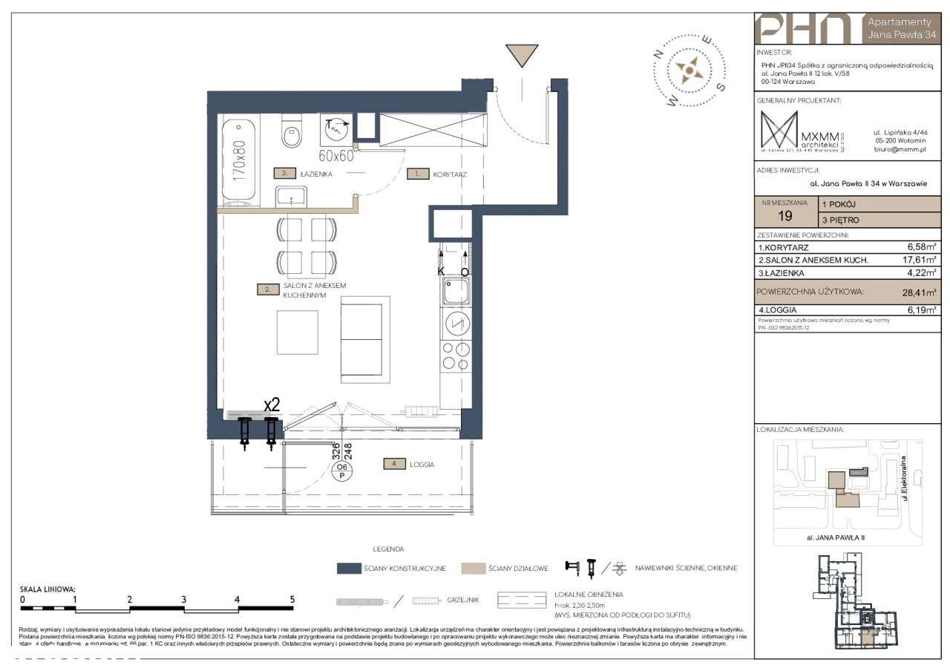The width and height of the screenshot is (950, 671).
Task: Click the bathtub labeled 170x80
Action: pyautogui.click(x=239, y=162)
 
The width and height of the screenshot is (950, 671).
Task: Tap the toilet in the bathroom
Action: pyautogui.click(x=291, y=132)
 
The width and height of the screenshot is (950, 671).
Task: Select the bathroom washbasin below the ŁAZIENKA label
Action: pyautogui.click(x=291, y=197)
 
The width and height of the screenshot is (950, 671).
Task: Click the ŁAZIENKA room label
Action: pyautogui.click(x=317, y=174)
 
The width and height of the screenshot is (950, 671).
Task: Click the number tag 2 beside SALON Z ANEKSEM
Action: pyautogui.click(x=267, y=289)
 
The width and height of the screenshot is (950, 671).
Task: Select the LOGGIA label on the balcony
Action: pyautogui.click(x=419, y=465)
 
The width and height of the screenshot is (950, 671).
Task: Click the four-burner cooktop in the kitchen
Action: pyautogui.click(x=455, y=356)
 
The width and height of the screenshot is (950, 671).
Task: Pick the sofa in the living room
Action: pyautogui.click(x=364, y=339)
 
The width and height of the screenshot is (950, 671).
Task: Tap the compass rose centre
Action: pyautogui.click(x=689, y=71)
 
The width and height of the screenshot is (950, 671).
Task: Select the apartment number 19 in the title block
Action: pyautogui.click(x=785, y=217)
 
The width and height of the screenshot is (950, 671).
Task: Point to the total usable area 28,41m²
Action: pyautogui.click(x=919, y=292)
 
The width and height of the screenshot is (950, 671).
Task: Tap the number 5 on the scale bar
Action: pyautogui.click(x=292, y=599)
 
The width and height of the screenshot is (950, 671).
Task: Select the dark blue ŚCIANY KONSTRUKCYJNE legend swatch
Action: pyautogui.click(x=347, y=569)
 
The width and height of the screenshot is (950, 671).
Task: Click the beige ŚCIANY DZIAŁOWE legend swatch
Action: pyautogui.click(x=472, y=569)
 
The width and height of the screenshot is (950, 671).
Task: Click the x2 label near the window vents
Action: pyautogui.click(x=272, y=405)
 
